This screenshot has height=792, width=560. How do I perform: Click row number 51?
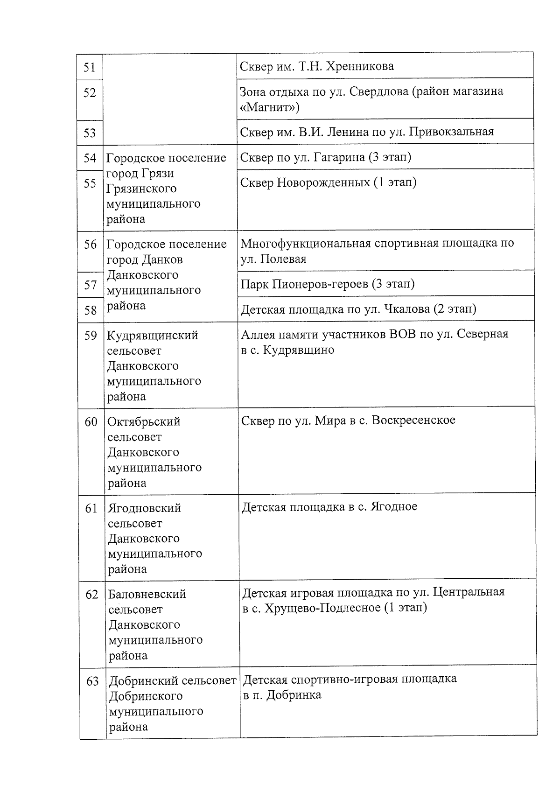pos(90,68)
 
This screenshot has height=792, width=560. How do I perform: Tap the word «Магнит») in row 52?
pos(269,108)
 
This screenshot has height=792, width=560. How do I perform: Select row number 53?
pos(90,133)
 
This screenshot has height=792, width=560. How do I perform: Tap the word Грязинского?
pos(135,189)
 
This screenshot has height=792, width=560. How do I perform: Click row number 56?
pos(90,245)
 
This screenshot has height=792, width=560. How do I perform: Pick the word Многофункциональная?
pos(305,244)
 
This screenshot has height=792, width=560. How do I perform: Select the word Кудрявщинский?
pos(153,336)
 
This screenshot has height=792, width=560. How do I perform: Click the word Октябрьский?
pos(144,422)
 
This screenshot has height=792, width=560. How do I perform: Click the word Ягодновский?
pos(144,508)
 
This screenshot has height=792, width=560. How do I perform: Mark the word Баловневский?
pos(147,595)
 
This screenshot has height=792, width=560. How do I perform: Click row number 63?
pos(92,682)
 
